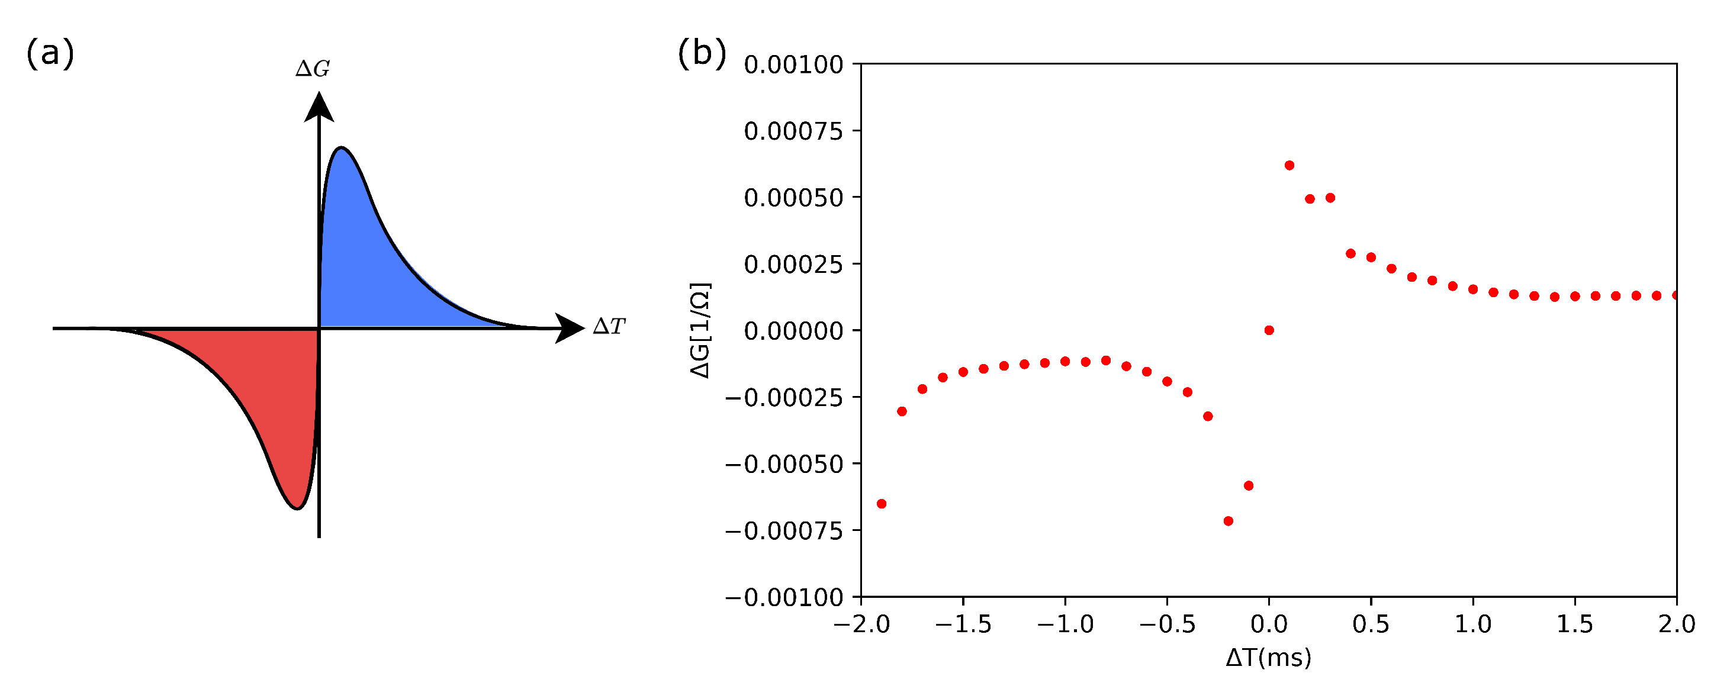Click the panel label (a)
pyautogui.click(x=50, y=53)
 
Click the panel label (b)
pyautogui.click(x=702, y=53)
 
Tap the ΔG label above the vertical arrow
pyautogui.click(x=313, y=69)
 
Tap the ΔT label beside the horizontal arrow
pyautogui.click(x=609, y=327)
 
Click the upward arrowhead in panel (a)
pyautogui.click(x=319, y=108)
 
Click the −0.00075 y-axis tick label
pyautogui.click(x=784, y=532)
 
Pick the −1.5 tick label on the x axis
pyautogui.click(x=963, y=624)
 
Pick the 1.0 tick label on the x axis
pyautogui.click(x=1472, y=624)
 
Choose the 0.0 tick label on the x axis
pyautogui.click(x=1269, y=624)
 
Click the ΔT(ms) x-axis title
pyautogui.click(x=1268, y=658)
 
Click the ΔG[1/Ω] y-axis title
pyautogui.click(x=700, y=330)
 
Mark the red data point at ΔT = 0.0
pyautogui.click(x=1269, y=330)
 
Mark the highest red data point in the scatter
pyautogui.click(x=1289, y=166)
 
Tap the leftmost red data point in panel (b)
pyautogui.click(x=882, y=504)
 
